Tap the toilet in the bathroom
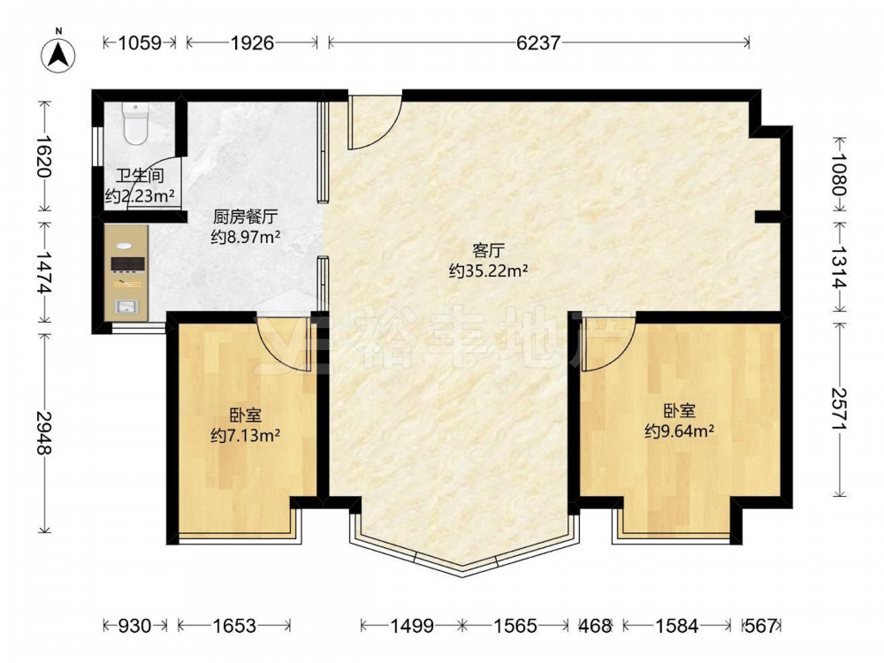135,123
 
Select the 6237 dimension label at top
538,42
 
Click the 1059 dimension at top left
140,42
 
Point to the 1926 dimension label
252,42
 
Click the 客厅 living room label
488,250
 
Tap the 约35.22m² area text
488,271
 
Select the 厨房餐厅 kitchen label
246,216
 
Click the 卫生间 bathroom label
140,175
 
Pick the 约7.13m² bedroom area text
246,435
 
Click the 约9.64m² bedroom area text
680,431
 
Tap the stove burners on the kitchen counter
127,263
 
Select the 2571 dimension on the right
840,408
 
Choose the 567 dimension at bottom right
761,626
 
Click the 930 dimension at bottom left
134,626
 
